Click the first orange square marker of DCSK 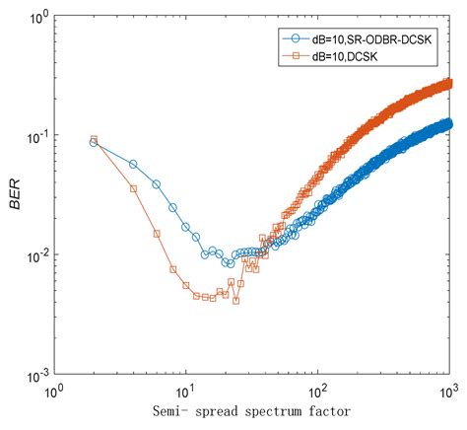94,139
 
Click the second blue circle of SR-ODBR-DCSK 133,164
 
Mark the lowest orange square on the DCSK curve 236,300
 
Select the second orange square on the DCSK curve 133,187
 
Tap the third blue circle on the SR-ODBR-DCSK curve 157,184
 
